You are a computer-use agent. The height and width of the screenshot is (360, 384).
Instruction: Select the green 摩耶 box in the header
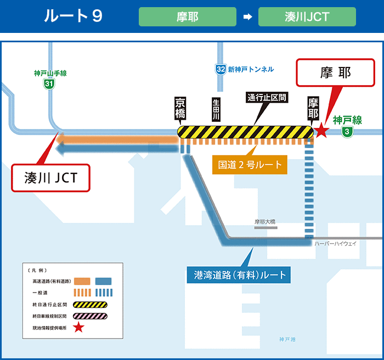tap(188, 16)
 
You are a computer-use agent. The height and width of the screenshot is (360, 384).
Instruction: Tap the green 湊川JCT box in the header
tap(307, 16)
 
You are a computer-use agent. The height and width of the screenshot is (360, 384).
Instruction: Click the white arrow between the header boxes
tap(247, 17)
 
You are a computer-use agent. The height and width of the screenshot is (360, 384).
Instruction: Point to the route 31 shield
tap(50, 84)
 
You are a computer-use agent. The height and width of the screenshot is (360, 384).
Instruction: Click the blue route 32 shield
tap(221, 69)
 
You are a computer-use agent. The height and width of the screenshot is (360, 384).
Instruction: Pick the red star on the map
tap(321, 131)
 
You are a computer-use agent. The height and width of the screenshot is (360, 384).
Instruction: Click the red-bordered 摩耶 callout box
tap(335, 73)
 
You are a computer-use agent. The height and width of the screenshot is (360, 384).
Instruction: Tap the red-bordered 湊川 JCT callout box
tap(50, 177)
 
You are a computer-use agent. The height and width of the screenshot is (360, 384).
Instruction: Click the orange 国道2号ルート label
tap(250, 164)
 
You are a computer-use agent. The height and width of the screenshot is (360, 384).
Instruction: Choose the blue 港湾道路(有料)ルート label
tap(240, 274)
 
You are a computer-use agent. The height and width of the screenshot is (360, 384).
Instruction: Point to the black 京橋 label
tap(180, 109)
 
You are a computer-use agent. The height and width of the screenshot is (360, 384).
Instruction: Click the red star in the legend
tap(79, 328)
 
